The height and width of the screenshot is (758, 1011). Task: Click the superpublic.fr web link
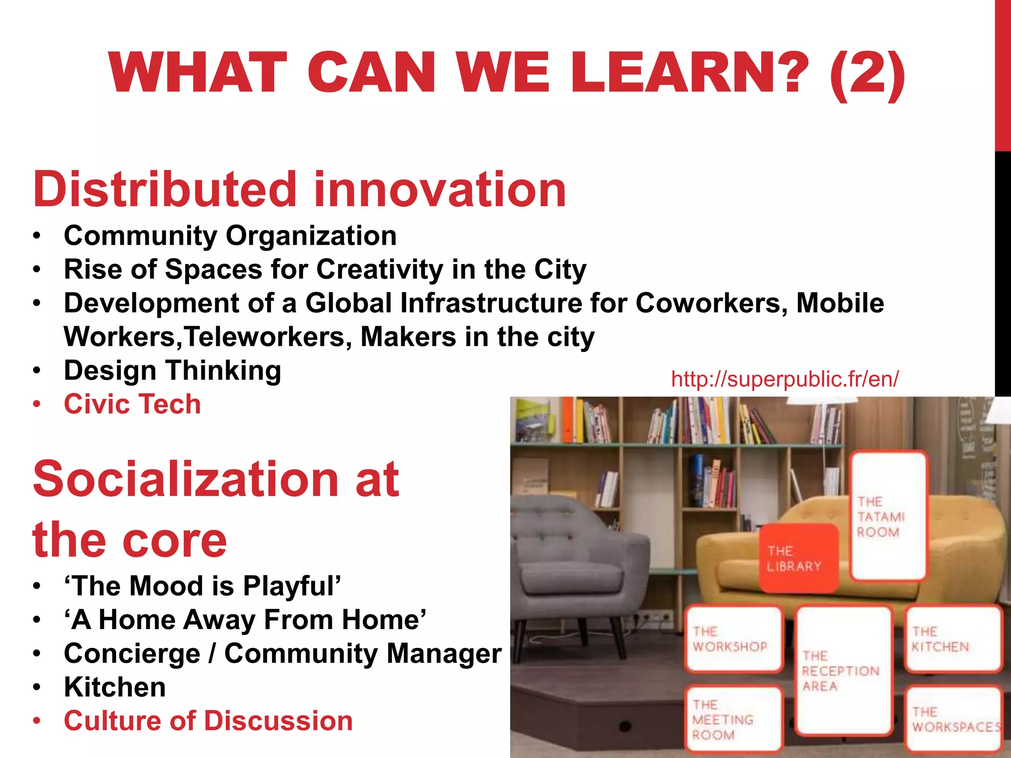point(784,379)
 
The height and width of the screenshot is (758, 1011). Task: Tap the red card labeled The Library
point(798,558)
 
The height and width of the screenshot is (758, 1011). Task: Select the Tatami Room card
point(888,516)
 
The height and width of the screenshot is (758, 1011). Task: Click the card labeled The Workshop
point(734,640)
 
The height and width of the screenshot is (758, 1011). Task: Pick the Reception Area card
point(844,670)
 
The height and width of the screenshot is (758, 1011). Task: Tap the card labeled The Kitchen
point(953,640)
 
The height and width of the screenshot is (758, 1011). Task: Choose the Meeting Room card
point(734,719)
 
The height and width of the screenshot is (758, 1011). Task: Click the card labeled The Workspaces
point(953,719)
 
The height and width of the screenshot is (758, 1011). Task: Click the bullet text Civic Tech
point(132,404)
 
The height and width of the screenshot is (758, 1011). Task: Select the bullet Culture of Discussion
point(208,721)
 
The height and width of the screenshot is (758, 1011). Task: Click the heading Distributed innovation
point(299,189)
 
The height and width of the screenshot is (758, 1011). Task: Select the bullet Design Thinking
point(172,370)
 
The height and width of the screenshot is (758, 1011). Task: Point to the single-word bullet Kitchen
point(115,687)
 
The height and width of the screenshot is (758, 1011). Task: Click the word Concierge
point(132,653)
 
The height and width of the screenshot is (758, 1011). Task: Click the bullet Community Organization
point(230,235)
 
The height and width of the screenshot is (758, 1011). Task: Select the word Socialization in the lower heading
point(185,479)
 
